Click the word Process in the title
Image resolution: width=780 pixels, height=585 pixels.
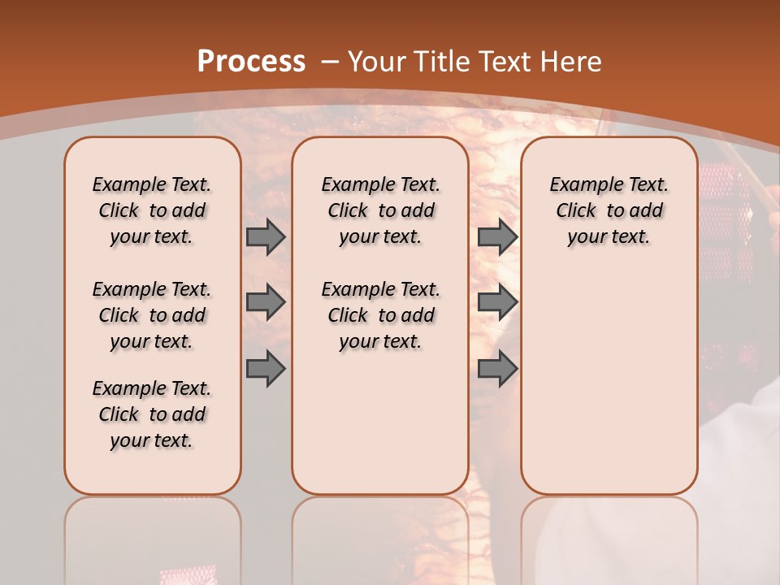[x=251, y=62]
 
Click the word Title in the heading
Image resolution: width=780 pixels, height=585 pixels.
[x=442, y=62]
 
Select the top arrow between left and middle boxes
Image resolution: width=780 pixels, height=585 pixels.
[x=266, y=236]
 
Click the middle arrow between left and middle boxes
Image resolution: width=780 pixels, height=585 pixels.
[x=266, y=302]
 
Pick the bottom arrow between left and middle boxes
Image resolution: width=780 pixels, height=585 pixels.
[x=266, y=369]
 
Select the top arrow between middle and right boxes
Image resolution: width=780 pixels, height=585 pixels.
[x=497, y=236]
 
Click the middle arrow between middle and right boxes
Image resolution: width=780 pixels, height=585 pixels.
[x=497, y=302]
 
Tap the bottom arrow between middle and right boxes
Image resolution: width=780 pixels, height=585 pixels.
[x=497, y=369]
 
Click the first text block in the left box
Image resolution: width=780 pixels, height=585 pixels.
[x=152, y=210]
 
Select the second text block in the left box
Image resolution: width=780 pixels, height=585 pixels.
[x=152, y=315]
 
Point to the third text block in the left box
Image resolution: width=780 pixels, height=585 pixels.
[x=152, y=414]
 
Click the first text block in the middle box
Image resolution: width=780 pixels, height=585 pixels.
[x=380, y=210]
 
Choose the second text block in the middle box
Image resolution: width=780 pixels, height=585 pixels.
[x=380, y=315]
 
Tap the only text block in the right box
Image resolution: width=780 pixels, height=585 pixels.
[x=609, y=210]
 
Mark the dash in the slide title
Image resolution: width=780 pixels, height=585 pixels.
[x=330, y=62]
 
